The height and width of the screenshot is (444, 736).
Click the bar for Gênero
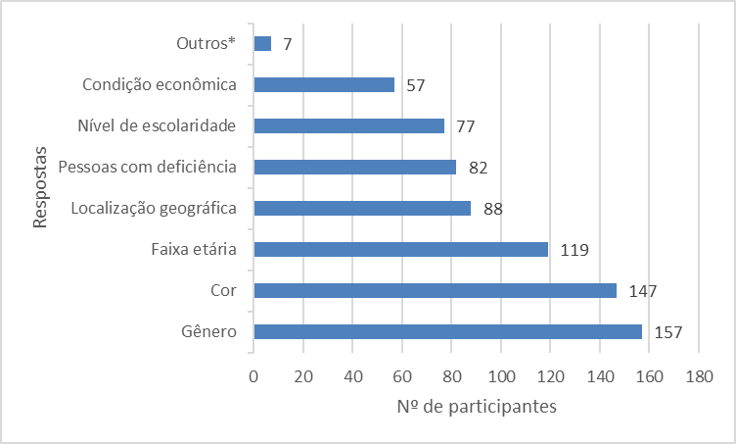(447, 331)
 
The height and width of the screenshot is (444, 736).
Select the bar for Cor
(435, 290)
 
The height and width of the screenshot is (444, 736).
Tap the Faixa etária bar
(400, 249)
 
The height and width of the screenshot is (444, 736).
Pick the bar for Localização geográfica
(362, 208)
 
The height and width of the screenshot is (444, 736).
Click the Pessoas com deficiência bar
(354, 167)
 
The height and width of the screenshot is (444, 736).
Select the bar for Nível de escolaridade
(348, 125)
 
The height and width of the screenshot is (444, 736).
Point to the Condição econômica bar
(324, 84)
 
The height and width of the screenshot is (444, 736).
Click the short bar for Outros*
(262, 43)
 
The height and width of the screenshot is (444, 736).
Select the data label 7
(287, 43)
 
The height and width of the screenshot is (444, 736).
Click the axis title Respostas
(40, 187)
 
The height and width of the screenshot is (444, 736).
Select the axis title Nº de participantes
(477, 406)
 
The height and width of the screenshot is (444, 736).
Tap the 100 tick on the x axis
(501, 374)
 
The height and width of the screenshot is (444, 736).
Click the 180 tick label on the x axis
(699, 374)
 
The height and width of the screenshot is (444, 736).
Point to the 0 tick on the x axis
(253, 374)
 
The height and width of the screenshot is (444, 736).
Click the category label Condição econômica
(161, 84)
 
